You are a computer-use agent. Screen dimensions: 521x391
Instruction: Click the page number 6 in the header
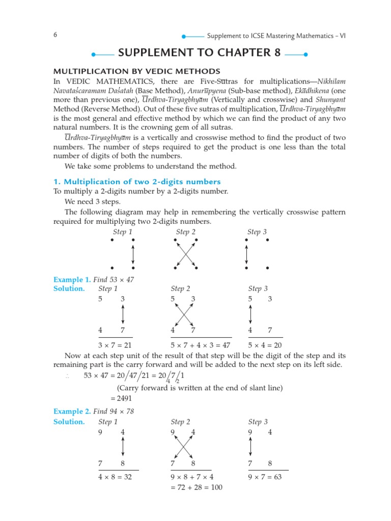(55, 35)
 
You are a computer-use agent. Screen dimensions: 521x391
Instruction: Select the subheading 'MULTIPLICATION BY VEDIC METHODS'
(137, 71)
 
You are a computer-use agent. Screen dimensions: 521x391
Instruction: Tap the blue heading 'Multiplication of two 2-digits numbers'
(137, 182)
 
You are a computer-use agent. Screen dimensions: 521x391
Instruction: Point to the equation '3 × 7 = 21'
(115, 344)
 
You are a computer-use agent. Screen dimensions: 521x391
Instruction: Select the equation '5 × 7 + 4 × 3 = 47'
(201, 344)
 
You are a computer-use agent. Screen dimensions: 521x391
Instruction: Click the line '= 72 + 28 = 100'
(197, 487)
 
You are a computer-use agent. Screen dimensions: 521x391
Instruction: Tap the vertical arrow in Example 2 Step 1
(123, 447)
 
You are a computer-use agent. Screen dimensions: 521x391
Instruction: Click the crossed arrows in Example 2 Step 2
(184, 447)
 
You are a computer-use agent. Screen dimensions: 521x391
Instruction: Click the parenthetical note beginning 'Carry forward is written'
(200, 388)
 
